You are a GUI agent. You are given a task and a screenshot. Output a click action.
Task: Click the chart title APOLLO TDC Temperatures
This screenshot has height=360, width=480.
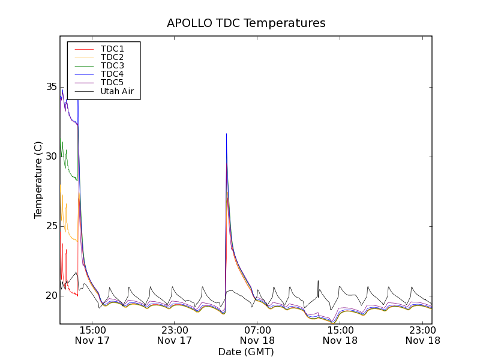click(246, 23)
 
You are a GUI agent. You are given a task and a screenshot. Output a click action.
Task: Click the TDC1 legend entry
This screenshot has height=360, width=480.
click(112, 49)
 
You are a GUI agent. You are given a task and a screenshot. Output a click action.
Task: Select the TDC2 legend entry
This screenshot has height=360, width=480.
click(112, 57)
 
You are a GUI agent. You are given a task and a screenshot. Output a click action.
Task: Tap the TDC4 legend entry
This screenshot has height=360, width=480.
click(112, 74)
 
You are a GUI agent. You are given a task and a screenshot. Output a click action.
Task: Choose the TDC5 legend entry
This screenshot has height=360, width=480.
click(112, 83)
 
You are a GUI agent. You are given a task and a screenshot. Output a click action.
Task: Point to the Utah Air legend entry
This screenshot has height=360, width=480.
click(116, 92)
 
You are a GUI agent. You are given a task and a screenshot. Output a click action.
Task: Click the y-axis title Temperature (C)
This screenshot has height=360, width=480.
click(38, 180)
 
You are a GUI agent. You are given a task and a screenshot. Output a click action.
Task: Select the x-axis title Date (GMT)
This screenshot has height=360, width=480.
click(246, 352)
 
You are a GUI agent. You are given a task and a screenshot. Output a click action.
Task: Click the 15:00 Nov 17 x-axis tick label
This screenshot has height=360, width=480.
click(92, 335)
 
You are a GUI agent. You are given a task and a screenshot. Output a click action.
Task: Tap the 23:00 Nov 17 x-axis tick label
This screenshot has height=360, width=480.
click(175, 335)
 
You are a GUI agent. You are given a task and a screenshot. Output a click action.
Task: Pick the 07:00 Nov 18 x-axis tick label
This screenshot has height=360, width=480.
click(257, 335)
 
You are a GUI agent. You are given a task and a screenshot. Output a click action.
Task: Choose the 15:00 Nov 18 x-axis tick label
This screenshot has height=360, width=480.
click(340, 335)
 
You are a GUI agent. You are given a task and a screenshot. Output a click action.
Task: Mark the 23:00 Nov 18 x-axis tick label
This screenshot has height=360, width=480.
click(422, 335)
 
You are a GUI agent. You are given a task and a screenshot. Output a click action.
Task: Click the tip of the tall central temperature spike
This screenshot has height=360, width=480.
click(226, 134)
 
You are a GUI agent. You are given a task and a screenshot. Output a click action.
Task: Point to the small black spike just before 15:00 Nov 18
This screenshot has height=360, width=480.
click(318, 281)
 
